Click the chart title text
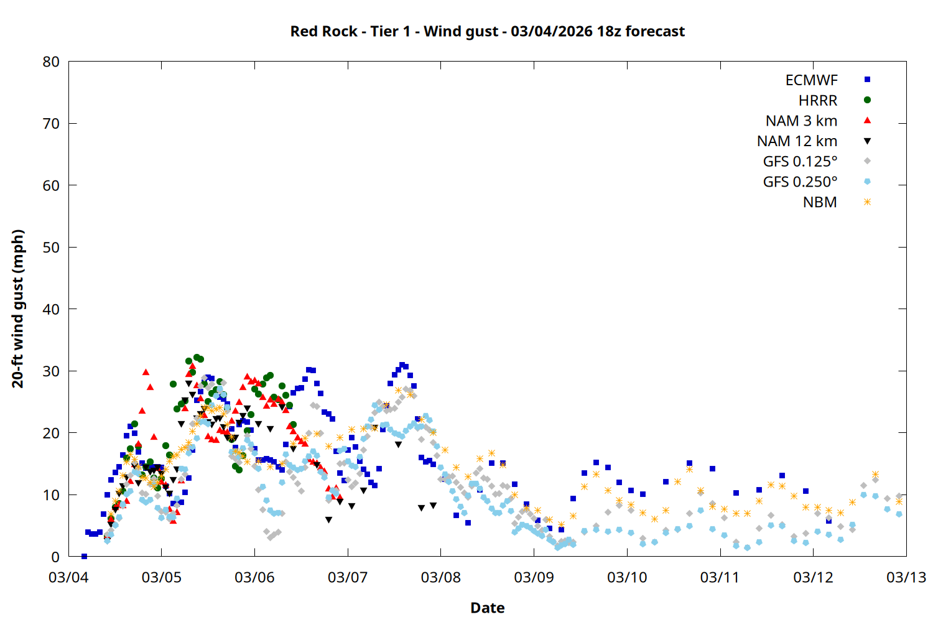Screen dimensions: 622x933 487,31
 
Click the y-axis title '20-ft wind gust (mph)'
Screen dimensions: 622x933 18,309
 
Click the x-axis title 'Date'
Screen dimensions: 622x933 487,608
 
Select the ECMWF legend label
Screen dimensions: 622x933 811,80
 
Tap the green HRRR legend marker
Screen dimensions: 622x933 867,100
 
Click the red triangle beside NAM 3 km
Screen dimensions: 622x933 867,121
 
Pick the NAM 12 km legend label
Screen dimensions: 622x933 797,141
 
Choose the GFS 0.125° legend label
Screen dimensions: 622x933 800,162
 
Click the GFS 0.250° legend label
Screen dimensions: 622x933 800,182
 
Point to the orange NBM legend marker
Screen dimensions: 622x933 867,202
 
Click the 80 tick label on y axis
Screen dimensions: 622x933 52,62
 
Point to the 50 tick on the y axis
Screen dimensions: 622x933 52,247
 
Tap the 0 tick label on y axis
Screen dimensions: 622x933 56,557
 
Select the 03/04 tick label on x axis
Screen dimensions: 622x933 68,577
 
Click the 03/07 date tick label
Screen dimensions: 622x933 348,577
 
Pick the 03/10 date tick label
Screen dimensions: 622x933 627,577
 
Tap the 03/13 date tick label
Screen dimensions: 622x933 906,577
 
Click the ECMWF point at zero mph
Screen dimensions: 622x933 84,556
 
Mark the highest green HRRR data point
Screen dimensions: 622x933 197,357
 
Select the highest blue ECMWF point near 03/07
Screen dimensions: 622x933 402,365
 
